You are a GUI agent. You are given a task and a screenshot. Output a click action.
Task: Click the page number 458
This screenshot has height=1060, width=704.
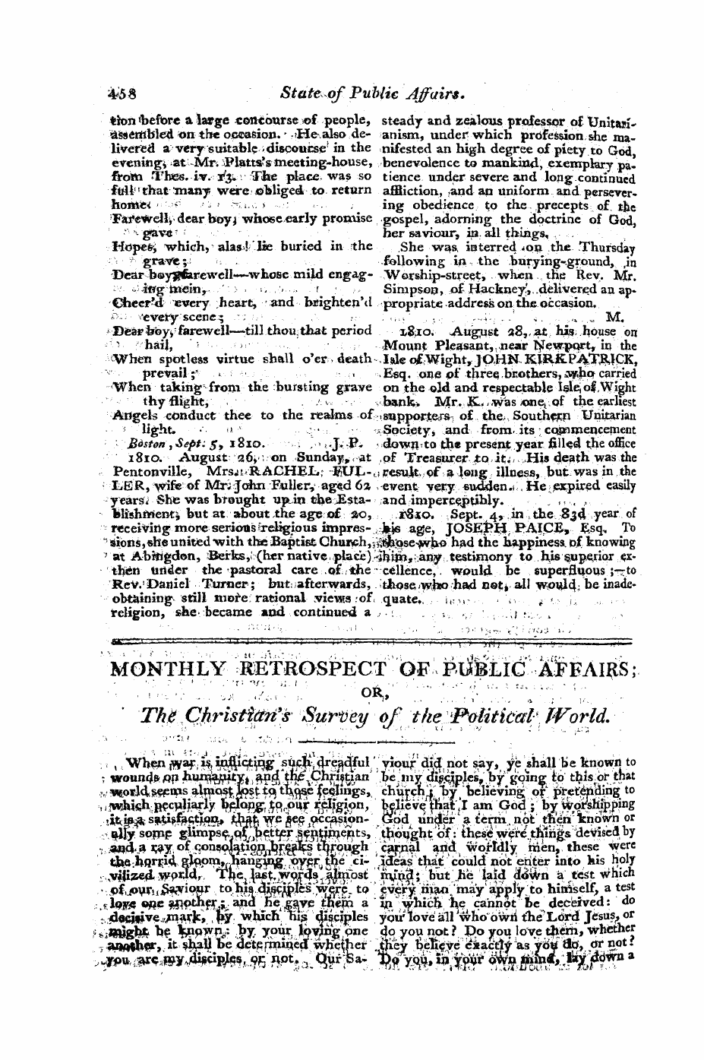point(119,93)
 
